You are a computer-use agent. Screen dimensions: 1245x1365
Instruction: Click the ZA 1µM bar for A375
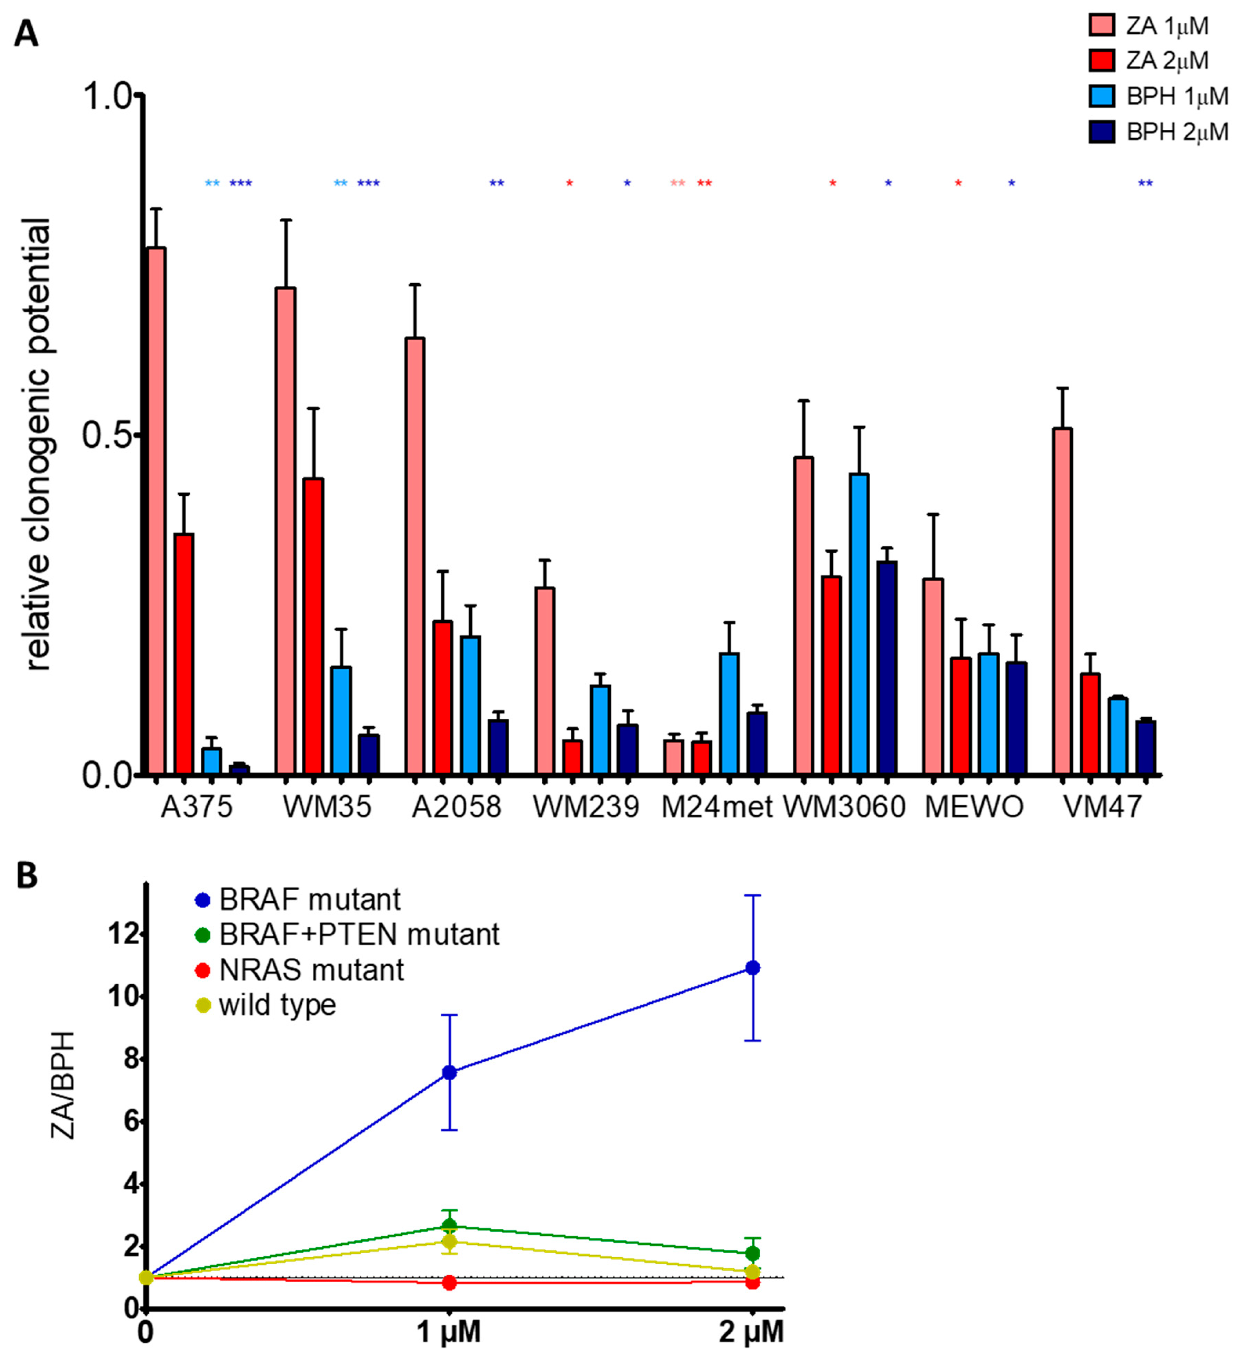[157, 510]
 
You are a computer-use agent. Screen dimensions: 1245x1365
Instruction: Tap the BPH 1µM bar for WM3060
[859, 624]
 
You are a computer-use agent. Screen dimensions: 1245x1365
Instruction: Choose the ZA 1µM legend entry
[1149, 26]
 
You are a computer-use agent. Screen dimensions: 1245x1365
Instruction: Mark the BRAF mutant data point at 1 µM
[449, 1072]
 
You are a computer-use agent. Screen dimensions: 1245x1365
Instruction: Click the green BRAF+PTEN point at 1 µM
[449, 1225]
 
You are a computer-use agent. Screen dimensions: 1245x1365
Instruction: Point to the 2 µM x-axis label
[751, 1333]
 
